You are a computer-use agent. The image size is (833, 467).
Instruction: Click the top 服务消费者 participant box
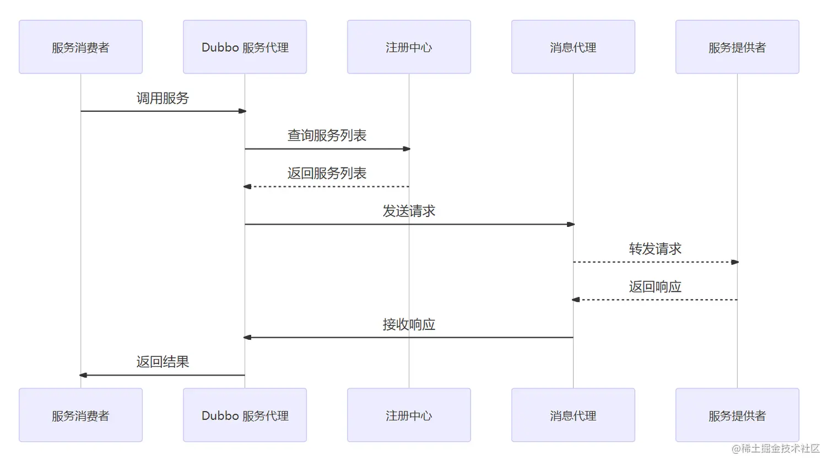pos(80,47)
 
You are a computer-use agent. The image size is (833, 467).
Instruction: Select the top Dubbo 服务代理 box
pos(245,47)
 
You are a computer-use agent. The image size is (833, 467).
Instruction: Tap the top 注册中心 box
pos(409,47)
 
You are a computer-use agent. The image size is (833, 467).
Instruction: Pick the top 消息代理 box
pos(573,47)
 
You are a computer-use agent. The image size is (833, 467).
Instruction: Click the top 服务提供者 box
pos(737,47)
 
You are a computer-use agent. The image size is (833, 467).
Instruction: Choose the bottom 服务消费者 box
pos(80,415)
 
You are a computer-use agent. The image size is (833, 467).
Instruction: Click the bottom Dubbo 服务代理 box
pos(245,415)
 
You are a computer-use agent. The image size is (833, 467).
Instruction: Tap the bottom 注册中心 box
pos(409,415)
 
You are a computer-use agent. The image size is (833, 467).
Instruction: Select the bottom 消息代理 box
pos(573,415)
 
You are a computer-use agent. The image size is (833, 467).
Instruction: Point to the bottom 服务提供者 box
pos(737,415)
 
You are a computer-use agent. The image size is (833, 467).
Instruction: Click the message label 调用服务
pos(163,98)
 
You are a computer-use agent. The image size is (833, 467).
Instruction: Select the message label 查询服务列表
pos(327,135)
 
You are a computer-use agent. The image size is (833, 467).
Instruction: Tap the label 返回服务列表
pos(327,173)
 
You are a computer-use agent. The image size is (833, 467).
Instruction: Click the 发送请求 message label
pos(409,211)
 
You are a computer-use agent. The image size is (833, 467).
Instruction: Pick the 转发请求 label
pos(655,249)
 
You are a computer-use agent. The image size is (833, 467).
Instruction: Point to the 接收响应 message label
pos(409,324)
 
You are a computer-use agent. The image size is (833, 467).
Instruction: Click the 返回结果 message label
pos(163,362)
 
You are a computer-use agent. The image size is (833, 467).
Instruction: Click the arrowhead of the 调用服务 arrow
pos(242,111)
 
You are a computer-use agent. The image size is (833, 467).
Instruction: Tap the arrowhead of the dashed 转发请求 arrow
pos(734,262)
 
